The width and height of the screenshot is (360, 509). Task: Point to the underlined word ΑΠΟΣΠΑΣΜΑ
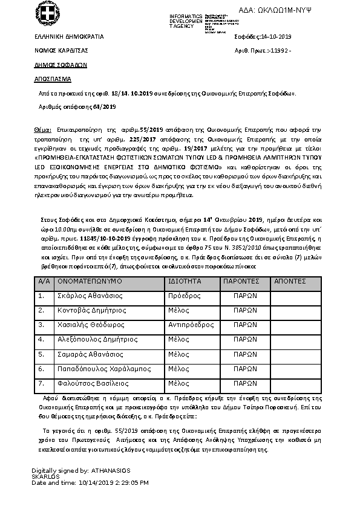(53, 79)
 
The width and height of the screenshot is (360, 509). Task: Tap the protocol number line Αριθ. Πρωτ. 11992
(263, 51)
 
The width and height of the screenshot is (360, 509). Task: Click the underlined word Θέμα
(41, 131)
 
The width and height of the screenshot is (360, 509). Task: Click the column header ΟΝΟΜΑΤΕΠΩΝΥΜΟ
(90, 282)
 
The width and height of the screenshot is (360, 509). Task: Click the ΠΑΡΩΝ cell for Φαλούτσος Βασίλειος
(245, 383)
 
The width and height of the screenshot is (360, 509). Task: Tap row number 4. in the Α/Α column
(41, 340)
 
